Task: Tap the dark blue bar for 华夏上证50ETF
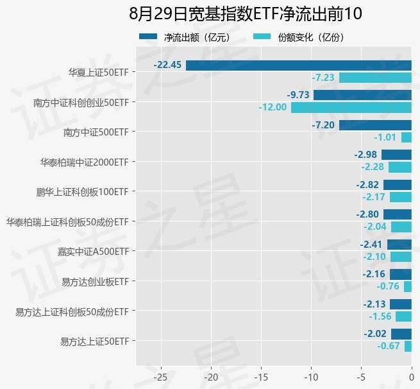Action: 299,65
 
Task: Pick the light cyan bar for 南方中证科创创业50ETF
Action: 351,107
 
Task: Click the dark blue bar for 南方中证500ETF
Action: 375,125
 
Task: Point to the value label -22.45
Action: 168,65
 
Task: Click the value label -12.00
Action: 273,107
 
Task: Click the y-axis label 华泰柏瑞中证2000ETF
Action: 84,162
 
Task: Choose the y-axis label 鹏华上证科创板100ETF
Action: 83,191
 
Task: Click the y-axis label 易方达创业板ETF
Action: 95,281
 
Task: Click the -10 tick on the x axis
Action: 311,376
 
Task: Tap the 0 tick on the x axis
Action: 412,376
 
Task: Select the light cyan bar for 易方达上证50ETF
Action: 408,347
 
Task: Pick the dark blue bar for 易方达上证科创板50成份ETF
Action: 401,304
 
